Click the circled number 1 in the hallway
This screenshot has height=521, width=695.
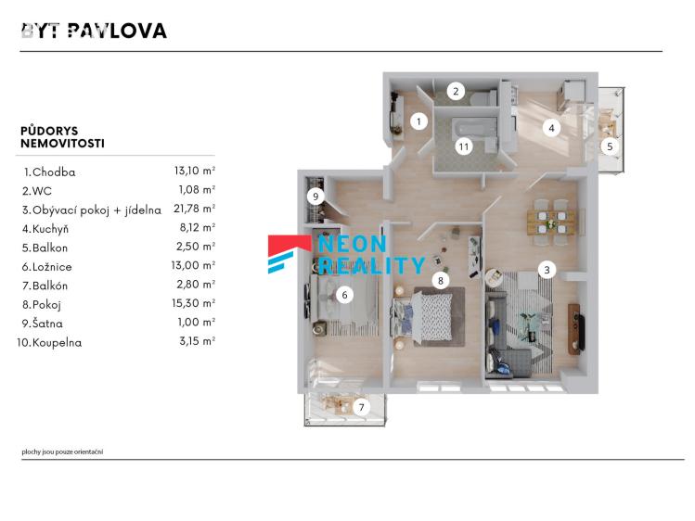[x=418, y=121]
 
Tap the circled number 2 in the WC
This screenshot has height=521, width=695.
[x=456, y=91]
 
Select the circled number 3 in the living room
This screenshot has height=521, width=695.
[x=547, y=270]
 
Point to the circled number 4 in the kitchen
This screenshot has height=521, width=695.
[x=552, y=128]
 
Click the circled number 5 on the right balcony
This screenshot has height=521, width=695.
[x=610, y=146]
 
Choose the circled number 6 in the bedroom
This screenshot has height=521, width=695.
[x=344, y=295]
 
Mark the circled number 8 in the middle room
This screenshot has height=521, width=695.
[x=442, y=279]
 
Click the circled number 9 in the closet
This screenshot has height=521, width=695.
[x=315, y=197]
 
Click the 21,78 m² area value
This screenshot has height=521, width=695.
[x=194, y=210]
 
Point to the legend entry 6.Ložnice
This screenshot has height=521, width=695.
[x=55, y=266]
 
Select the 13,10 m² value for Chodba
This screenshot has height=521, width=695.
[x=194, y=172]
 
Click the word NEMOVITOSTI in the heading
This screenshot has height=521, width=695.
[x=62, y=145]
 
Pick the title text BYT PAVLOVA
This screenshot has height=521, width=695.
[x=94, y=31]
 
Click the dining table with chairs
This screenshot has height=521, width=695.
[x=551, y=220]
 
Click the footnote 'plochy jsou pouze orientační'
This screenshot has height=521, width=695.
[x=62, y=451]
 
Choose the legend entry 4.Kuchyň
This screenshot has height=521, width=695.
[x=50, y=228]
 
